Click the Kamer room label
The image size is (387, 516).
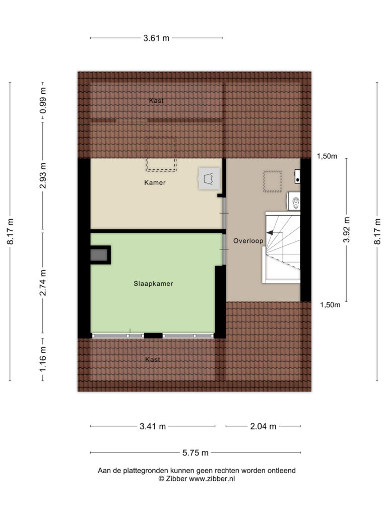155,182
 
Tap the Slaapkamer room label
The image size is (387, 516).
153,284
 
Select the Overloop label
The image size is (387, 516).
248,241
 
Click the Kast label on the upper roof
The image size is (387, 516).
156,100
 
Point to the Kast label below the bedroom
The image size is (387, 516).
152,360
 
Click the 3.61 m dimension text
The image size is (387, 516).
156,38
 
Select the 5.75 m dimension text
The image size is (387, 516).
195,453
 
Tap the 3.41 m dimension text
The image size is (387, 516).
152,426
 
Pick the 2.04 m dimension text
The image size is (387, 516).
263,426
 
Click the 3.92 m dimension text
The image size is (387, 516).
347,230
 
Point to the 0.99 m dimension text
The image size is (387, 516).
43,100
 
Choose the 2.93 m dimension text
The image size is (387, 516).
43,176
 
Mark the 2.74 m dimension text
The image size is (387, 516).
43,283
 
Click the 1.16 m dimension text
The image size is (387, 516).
43,359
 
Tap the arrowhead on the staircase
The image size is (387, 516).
270,233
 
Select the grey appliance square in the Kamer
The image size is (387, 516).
209,179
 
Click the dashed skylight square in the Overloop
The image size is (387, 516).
273,181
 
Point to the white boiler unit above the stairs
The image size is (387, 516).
294,201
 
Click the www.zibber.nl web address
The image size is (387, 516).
212,479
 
